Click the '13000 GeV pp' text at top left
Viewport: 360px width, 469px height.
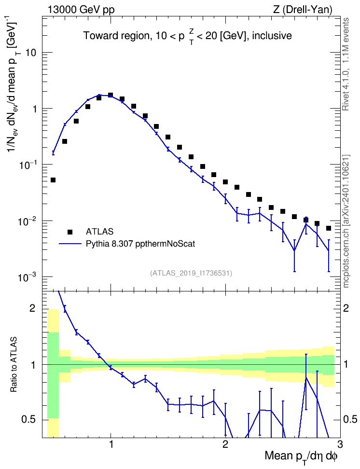coord(81,10)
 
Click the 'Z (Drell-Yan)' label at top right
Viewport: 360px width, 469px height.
coord(303,10)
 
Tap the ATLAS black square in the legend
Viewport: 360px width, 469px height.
coord(70,232)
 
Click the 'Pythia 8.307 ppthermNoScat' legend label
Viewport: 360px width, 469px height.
coord(140,244)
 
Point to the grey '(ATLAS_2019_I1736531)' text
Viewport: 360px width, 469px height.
coord(191,273)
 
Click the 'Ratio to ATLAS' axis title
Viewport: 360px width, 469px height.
coord(14,365)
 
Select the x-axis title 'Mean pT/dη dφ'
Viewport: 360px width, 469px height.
coord(301,457)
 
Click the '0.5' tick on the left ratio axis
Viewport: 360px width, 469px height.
coord(29,420)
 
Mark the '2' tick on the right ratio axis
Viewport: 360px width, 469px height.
coord(346,308)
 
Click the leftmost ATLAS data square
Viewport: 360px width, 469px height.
coord(53,180)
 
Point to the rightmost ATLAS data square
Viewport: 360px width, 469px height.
coord(329,228)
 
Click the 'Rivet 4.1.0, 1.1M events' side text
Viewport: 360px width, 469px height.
coord(346,64)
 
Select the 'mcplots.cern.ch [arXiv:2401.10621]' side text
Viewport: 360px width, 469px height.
coord(346,221)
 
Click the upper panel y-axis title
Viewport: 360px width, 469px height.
coord(14,87)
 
